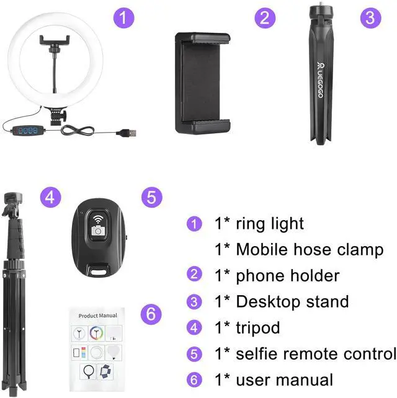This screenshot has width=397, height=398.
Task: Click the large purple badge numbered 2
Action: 265,17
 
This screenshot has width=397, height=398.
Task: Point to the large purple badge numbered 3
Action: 370,17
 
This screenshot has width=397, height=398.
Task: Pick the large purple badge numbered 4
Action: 51,198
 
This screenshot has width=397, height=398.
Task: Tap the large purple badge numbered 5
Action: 151,198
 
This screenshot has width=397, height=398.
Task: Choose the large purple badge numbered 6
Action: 151,314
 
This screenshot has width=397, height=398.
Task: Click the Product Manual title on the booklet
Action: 98,316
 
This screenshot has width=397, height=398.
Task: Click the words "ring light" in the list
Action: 270,224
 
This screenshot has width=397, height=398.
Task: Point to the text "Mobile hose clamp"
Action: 309,250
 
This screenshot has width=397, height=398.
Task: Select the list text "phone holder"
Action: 288,275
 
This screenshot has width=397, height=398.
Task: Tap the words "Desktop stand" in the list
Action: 292,302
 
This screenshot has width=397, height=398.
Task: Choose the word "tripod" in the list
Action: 258,328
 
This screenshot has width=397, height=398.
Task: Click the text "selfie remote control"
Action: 316,354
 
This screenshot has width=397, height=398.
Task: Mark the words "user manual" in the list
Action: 285,379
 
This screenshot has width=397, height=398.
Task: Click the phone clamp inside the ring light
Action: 55,42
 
